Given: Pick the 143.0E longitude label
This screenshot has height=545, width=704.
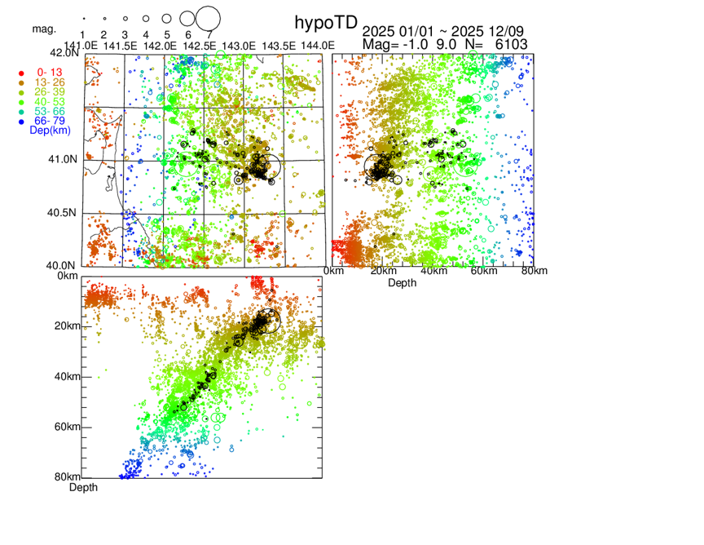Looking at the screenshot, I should click(x=240, y=44).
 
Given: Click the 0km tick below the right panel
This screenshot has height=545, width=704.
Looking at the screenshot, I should click(x=332, y=271).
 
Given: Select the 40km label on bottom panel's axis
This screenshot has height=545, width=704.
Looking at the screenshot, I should click(x=68, y=377).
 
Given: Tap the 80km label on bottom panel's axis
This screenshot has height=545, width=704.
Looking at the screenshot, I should click(x=68, y=477).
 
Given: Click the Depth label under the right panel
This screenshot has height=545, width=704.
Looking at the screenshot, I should click(x=402, y=282).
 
